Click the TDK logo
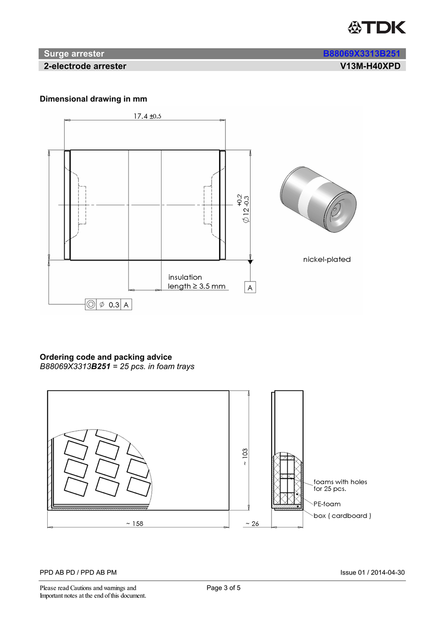point(376,27)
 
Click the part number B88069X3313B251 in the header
point(361,54)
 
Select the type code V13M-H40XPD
point(370,66)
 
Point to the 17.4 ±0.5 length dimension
point(144,116)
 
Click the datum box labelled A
point(250,288)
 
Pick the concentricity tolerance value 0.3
point(113,305)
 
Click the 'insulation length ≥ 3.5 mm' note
point(197,282)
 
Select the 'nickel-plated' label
point(327,260)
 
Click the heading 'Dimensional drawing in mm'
point(93,99)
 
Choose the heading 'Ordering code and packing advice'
point(106,357)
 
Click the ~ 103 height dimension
point(245,457)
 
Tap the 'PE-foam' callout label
point(327,504)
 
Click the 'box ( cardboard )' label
point(342,516)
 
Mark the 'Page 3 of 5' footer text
point(223,588)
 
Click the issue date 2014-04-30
point(387,573)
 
